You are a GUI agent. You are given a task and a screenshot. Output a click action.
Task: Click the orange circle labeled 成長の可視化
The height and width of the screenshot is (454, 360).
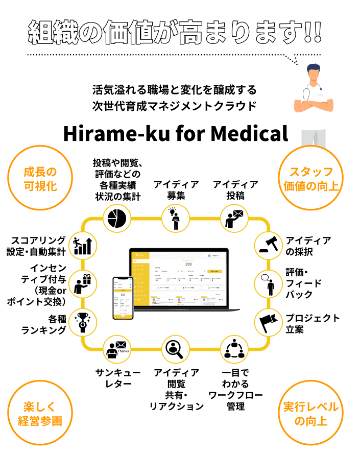[40, 178]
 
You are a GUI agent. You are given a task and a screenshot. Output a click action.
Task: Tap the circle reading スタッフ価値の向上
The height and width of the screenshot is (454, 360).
[311, 178]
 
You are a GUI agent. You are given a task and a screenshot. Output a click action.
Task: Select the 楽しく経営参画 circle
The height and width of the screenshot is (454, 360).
[40, 414]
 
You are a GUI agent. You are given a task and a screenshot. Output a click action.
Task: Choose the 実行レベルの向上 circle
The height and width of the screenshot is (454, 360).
[311, 414]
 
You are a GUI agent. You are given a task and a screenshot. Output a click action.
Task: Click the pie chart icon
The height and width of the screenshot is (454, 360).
[117, 218]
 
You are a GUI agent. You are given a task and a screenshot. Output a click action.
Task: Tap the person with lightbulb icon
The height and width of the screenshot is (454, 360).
[176, 218]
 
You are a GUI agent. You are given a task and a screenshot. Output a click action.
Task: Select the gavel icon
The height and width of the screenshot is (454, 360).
[269, 245]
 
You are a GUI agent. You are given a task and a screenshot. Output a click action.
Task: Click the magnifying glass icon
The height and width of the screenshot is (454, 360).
[176, 349]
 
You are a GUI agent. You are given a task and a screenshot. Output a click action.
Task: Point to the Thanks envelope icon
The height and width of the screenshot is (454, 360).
[117, 349]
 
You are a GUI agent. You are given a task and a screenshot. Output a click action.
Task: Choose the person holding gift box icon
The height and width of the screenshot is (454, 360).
[83, 284]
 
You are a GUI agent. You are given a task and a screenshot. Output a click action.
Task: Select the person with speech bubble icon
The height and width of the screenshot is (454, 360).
[269, 284]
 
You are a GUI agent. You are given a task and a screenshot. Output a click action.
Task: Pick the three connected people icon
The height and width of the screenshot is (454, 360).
[234, 349]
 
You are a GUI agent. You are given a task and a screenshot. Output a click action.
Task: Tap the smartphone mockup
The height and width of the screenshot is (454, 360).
[123, 298]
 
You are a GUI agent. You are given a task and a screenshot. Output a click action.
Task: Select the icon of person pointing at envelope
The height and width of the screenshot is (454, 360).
[234, 218]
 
